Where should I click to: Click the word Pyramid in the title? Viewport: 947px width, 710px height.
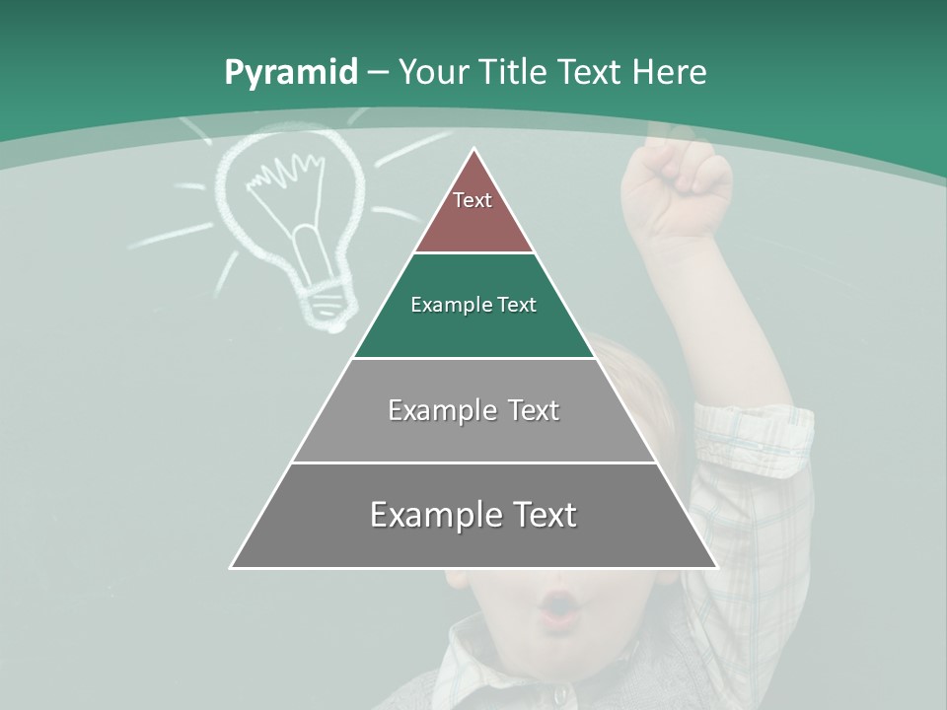click(290, 73)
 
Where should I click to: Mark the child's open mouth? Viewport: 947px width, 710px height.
click(558, 608)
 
